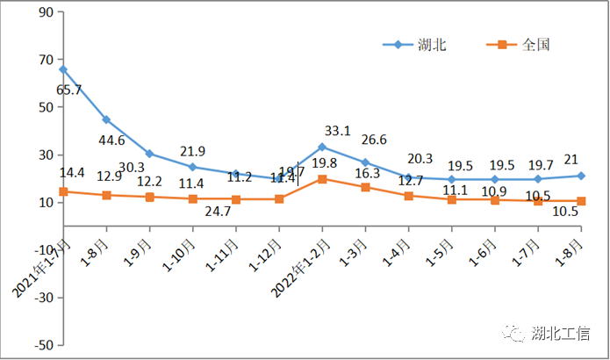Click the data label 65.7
(69, 90)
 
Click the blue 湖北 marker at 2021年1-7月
(63, 68)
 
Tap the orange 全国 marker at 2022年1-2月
(322, 179)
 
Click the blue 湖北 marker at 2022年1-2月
(322, 147)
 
